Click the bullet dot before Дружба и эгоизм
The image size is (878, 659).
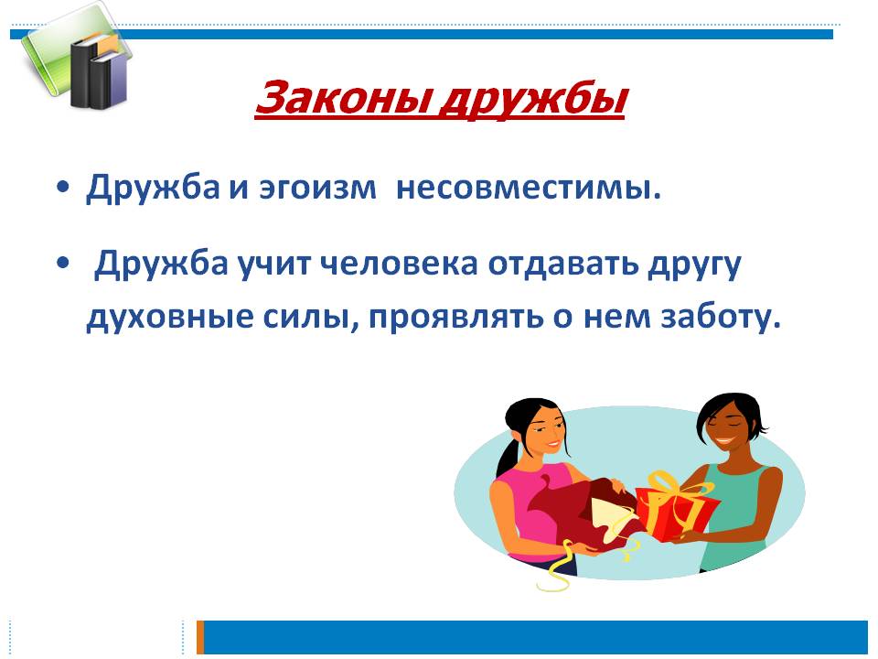pos(61,189)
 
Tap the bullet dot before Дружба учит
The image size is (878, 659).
pos(61,265)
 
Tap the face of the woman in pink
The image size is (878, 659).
pos(540,429)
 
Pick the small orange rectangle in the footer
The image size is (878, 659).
pos(200,637)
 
